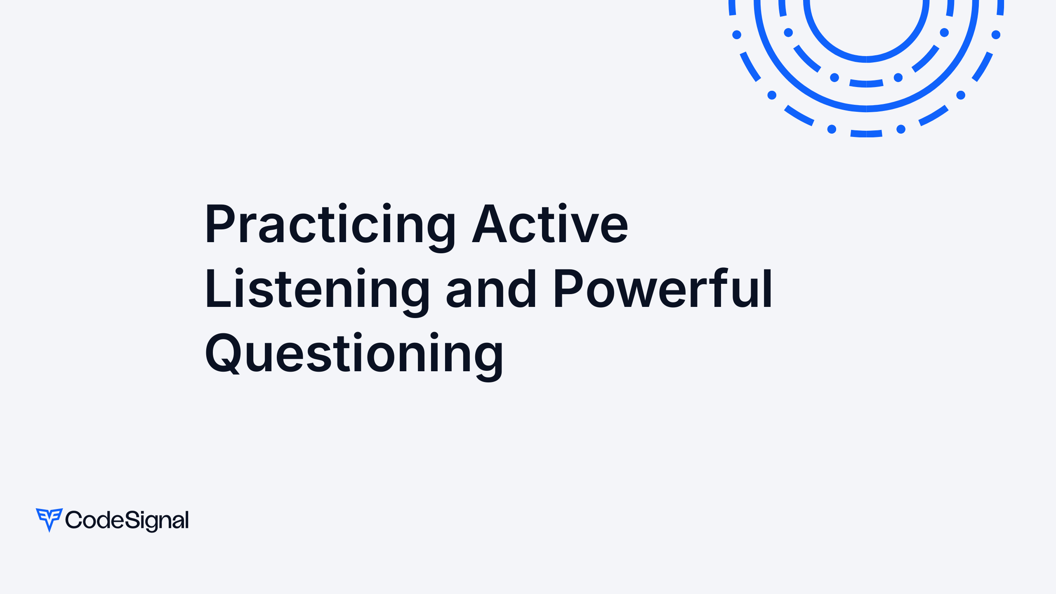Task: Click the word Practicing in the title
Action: click(330, 225)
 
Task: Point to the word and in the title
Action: click(491, 289)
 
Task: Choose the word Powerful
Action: click(662, 289)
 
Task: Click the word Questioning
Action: click(354, 354)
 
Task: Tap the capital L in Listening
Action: click(217, 289)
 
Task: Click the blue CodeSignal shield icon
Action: click(49, 519)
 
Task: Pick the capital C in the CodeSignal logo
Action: click(73, 520)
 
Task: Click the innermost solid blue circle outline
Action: click(866, 59)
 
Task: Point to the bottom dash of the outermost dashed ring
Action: click(866, 134)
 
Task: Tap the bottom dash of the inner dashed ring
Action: click(866, 84)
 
